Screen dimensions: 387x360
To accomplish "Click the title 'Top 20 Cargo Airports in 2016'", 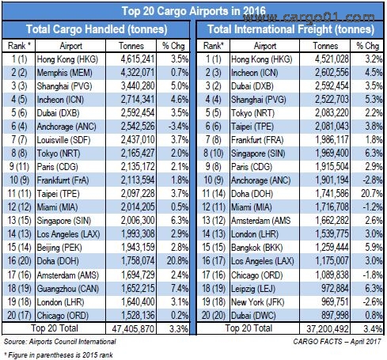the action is click(193, 11).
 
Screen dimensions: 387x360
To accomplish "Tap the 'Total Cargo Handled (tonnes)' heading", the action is click(97, 29).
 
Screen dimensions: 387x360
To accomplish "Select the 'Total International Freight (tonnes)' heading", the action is click(290, 29).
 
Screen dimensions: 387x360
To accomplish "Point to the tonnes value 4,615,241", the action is click(138, 59).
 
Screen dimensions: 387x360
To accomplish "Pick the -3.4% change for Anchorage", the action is click(178, 127).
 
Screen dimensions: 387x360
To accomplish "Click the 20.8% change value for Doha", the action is click(177, 261).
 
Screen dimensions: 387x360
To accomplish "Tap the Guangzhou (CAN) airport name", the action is click(68, 289).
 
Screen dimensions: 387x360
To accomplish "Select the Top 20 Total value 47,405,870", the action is click(133, 328).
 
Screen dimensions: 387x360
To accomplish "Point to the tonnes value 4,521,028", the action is click(332, 59).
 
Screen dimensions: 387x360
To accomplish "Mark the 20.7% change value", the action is click(372, 194).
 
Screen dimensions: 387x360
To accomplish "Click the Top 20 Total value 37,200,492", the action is click(328, 328).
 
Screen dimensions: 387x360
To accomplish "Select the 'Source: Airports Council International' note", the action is click(60, 342).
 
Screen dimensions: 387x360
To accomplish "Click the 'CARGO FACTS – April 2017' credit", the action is click(337, 342).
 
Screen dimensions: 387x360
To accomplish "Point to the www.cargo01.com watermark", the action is click(309, 17).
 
